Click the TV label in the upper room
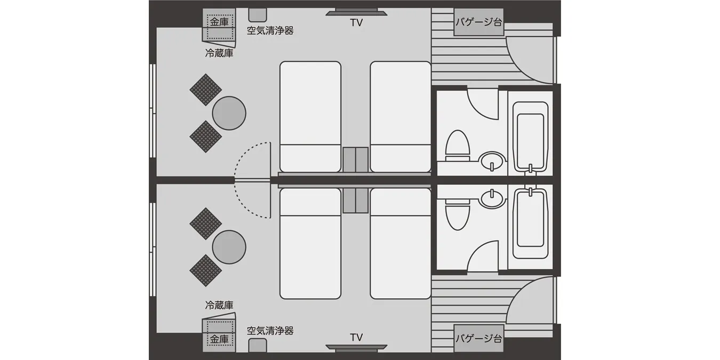tap(356, 22)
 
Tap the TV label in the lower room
tap(356, 337)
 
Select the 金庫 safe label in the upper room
tap(219, 22)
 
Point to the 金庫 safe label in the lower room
tap(219, 339)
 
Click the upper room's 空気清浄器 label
tap(270, 30)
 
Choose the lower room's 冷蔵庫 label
tap(219, 305)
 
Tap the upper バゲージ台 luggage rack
tap(478, 22)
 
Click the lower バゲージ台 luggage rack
tap(478, 339)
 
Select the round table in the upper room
tap(229, 113)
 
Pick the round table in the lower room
tap(229, 247)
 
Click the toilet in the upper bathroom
tap(458, 146)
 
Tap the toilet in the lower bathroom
tap(458, 214)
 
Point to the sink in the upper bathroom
tap(492, 161)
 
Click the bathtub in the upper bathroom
tap(530, 137)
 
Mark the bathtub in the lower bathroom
tap(530, 223)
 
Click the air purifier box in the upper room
tap(258, 15)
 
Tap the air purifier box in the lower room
tap(258, 345)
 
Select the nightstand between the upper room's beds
tap(356, 160)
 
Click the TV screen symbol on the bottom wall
tap(356, 348)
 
